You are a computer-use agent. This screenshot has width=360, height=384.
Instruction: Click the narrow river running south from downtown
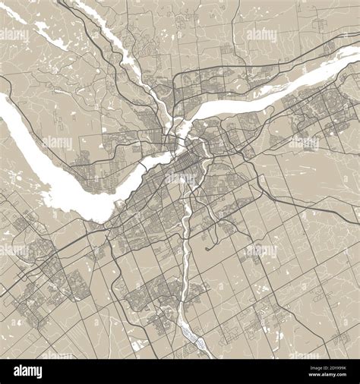[x=184, y=250]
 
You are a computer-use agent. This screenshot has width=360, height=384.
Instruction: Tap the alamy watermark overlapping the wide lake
[x=57, y=143]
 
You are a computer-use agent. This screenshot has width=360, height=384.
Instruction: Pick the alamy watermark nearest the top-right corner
[x=262, y=34]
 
